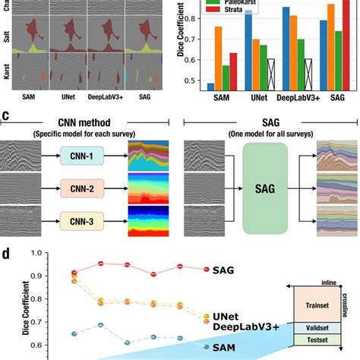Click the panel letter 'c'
coord(6,116)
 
